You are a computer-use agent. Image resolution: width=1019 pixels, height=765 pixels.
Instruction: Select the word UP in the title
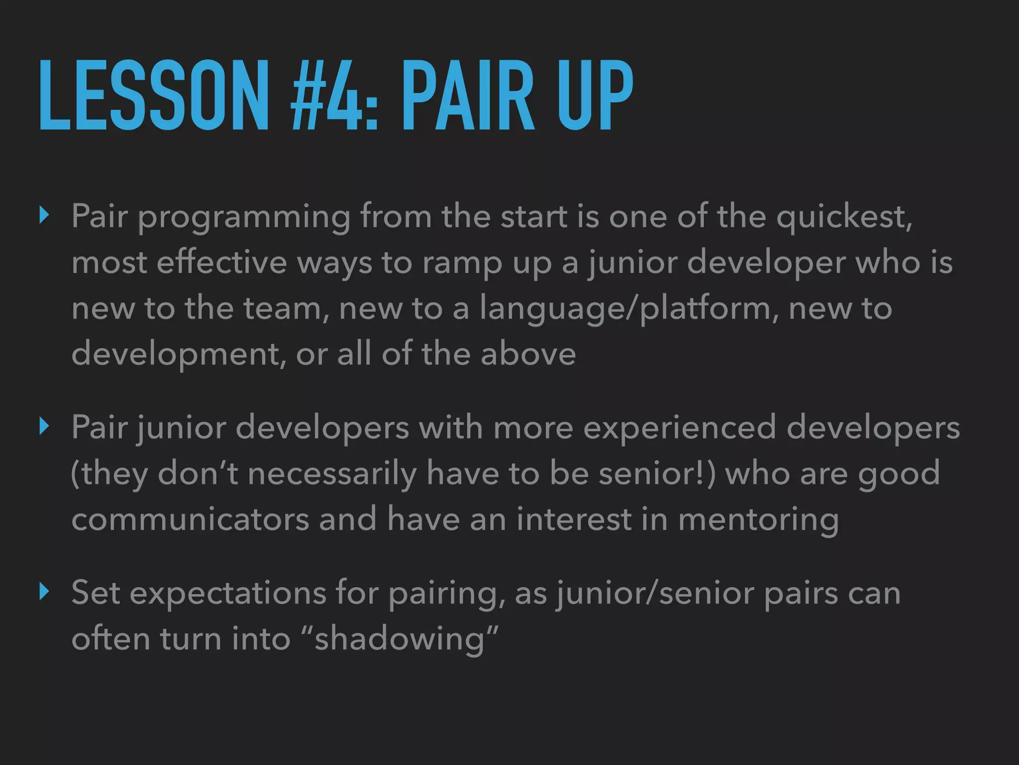click(x=595, y=95)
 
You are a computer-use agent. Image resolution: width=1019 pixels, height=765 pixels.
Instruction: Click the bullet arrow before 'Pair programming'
click(x=45, y=216)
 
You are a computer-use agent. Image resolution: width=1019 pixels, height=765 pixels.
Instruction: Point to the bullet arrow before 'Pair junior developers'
click(x=45, y=427)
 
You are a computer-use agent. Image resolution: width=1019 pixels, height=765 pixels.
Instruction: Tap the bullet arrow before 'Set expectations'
click(x=45, y=592)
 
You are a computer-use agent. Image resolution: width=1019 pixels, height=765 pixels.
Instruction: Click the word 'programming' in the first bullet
click(x=244, y=217)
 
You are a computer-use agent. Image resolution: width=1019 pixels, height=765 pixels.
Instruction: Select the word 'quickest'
click(x=844, y=217)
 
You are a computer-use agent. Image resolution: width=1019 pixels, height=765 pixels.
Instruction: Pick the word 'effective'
click(x=221, y=262)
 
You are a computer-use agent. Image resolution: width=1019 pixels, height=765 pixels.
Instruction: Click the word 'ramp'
click(x=462, y=263)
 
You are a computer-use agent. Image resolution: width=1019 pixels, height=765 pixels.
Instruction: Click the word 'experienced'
click(x=679, y=428)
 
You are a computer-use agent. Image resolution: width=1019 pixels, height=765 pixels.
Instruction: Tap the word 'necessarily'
click(x=332, y=474)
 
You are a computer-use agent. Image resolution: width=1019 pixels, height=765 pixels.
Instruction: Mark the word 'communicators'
click(x=190, y=519)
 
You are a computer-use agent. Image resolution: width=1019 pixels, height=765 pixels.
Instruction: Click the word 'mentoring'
click(x=758, y=520)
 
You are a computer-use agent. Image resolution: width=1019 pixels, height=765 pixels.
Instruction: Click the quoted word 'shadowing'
click(x=400, y=639)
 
